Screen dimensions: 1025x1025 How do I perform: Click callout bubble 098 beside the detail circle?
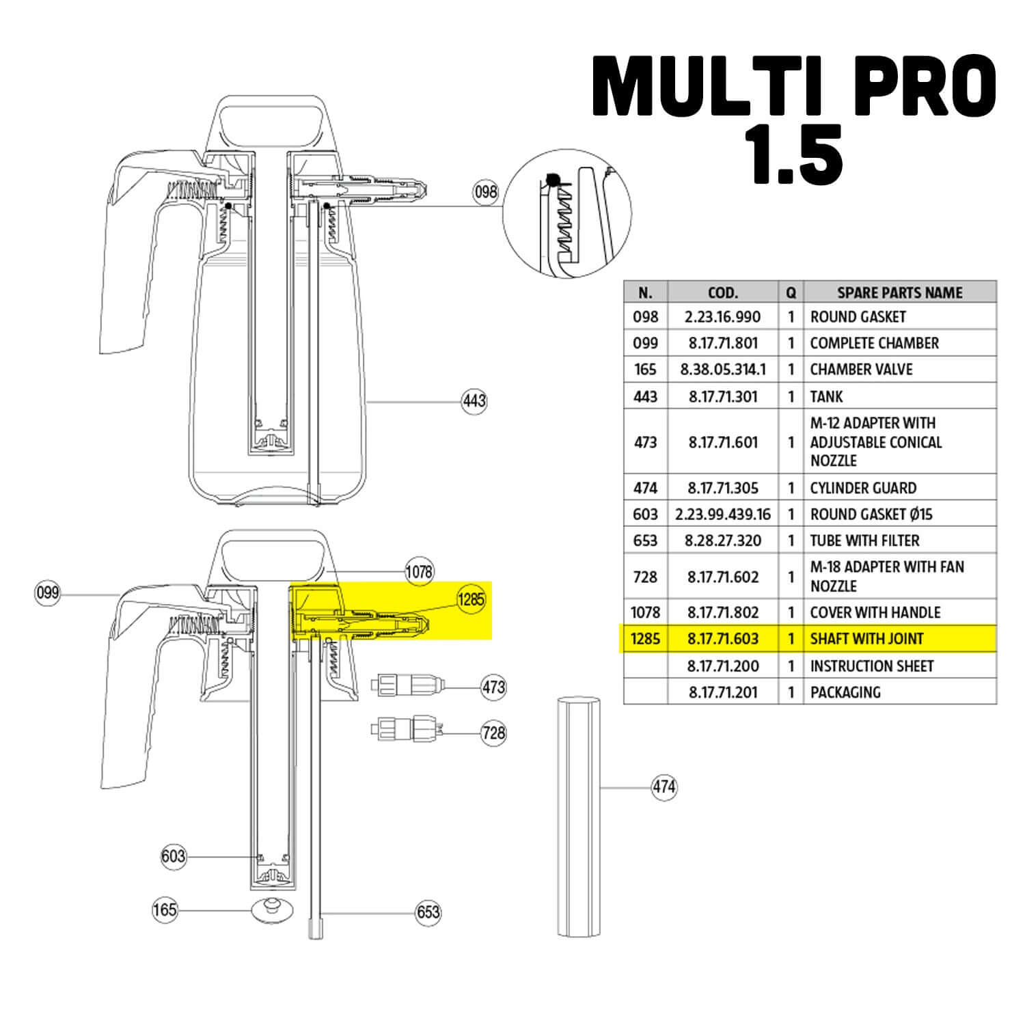tap(486, 192)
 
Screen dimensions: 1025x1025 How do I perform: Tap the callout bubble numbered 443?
tap(474, 400)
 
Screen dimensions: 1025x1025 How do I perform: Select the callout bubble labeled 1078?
tap(419, 571)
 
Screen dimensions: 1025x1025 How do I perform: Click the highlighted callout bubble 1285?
tap(471, 600)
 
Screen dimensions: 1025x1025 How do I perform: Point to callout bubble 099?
tap(47, 592)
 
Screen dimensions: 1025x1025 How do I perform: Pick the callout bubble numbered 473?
tap(493, 687)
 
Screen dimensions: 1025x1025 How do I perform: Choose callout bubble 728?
tap(493, 733)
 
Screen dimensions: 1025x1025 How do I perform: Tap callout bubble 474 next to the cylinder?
tap(664, 787)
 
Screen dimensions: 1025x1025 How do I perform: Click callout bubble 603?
tap(174, 856)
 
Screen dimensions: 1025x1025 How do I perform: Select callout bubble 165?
tap(165, 910)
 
